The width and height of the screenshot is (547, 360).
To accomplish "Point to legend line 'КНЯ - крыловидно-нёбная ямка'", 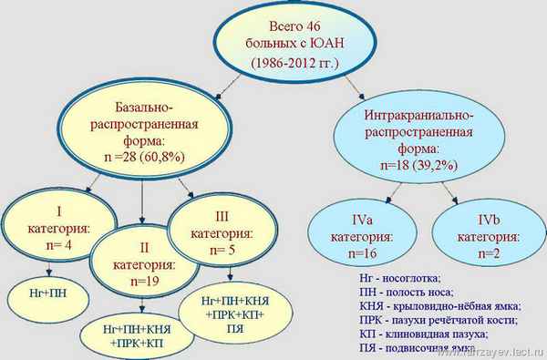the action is (438, 306).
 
